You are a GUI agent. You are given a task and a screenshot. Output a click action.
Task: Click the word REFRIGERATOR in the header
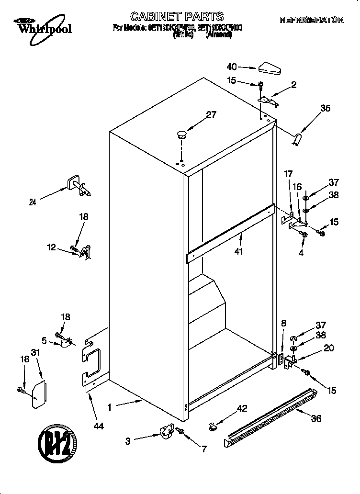311,20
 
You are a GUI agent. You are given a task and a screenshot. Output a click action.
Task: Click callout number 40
232,67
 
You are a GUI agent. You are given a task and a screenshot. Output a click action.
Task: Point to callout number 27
211,114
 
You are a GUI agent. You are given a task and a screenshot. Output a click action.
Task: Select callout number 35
325,109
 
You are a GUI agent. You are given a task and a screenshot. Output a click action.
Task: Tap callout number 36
316,418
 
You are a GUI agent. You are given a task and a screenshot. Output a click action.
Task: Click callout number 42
242,408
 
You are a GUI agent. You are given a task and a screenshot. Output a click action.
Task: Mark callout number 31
34,353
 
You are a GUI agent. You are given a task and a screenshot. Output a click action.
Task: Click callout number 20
328,348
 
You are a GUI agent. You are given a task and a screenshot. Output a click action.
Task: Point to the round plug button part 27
181,134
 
